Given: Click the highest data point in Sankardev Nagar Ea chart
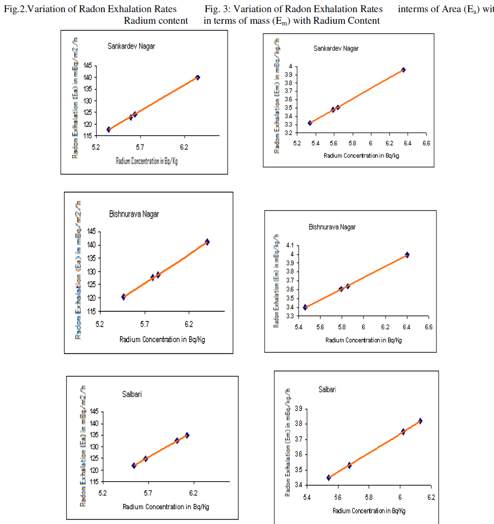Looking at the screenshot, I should [x=197, y=77].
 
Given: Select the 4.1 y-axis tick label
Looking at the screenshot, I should [x=289, y=246].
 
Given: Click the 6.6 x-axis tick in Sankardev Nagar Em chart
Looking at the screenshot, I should [x=425, y=143].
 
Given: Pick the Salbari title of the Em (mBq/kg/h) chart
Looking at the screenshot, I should [x=327, y=390].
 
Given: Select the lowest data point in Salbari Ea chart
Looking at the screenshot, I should [x=134, y=466].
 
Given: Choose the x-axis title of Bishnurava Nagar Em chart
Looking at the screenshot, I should [x=363, y=341].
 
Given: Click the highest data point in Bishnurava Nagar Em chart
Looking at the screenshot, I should [x=407, y=254].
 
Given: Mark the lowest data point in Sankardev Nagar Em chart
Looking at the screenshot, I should [x=310, y=123].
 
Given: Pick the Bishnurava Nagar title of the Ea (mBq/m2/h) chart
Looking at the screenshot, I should [x=134, y=214].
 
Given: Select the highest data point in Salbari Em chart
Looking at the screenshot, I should [x=420, y=421].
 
